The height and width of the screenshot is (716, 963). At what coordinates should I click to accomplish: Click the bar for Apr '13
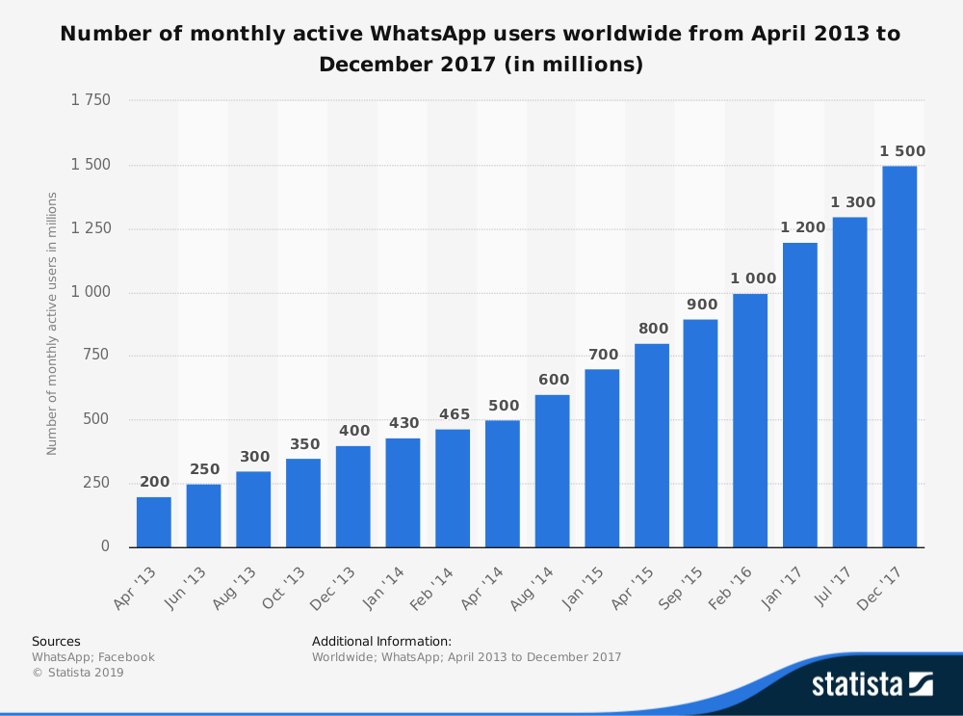click(154, 521)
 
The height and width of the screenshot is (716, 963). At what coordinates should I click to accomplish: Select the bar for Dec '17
click(899, 357)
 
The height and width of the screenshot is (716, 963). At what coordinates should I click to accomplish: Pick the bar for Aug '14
click(552, 470)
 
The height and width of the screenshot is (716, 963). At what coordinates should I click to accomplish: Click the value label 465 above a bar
click(453, 414)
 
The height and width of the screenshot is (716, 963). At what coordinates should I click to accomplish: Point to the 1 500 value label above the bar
click(902, 151)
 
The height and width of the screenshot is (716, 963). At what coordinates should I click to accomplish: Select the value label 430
click(403, 423)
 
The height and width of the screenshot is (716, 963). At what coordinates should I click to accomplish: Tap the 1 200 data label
click(803, 228)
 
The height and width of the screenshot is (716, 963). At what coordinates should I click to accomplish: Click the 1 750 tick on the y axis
click(91, 101)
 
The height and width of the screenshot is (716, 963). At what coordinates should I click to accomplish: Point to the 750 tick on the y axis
click(97, 356)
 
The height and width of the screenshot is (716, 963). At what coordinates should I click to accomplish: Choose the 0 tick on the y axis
click(106, 546)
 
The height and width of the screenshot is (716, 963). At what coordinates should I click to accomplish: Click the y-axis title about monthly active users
click(52, 323)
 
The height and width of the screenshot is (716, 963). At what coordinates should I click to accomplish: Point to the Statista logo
click(872, 684)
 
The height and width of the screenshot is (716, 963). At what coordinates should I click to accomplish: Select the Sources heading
click(56, 641)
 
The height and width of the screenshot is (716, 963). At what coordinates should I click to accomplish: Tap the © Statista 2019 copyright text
click(78, 673)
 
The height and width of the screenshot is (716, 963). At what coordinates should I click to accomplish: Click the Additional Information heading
click(381, 641)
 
